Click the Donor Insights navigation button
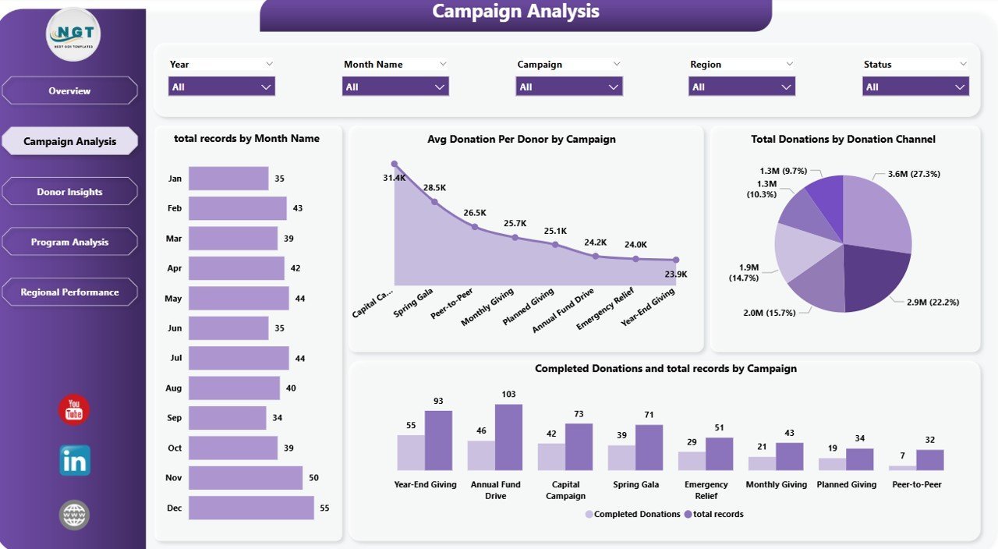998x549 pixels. (69, 192)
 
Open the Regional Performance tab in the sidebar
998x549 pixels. (69, 292)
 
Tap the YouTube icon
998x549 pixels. (74, 410)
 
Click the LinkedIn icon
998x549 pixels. (75, 461)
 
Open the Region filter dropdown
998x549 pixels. (741, 87)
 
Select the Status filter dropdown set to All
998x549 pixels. (915, 87)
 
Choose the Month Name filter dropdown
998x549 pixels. (395, 87)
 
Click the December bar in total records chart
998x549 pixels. (251, 508)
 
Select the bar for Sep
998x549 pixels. (227, 418)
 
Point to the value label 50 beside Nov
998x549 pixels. (313, 478)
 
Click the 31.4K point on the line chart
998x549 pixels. (395, 165)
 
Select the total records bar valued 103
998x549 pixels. (508, 437)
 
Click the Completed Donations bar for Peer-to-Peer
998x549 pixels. (902, 467)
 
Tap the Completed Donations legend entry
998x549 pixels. (632, 514)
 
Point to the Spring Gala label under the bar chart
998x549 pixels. (635, 484)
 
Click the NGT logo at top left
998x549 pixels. (73, 34)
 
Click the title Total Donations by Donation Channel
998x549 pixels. (843, 140)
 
